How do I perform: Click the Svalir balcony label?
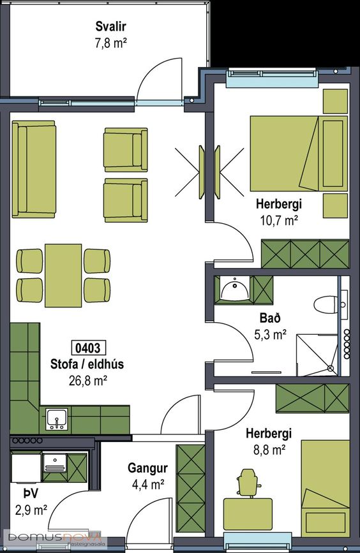pyautogui.click(x=110, y=26)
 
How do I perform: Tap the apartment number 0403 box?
pyautogui.click(x=88, y=348)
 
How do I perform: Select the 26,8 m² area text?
pyautogui.click(x=88, y=381)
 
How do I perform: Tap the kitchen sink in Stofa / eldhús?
pyautogui.click(x=56, y=419)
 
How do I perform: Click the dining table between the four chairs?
pyautogui.click(x=64, y=276)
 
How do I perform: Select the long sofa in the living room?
pyautogui.click(x=34, y=169)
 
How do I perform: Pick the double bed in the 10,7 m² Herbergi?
pyautogui.click(x=299, y=154)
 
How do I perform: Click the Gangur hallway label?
pyautogui.click(x=147, y=468)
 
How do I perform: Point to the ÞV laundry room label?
pyautogui.click(x=31, y=494)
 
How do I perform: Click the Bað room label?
pyautogui.click(x=270, y=318)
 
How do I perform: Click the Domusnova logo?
pyautogui.click(x=53, y=538)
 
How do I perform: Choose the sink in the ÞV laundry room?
pyautogui.click(x=54, y=462)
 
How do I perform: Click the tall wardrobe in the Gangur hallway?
pyautogui.click(x=191, y=489)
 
